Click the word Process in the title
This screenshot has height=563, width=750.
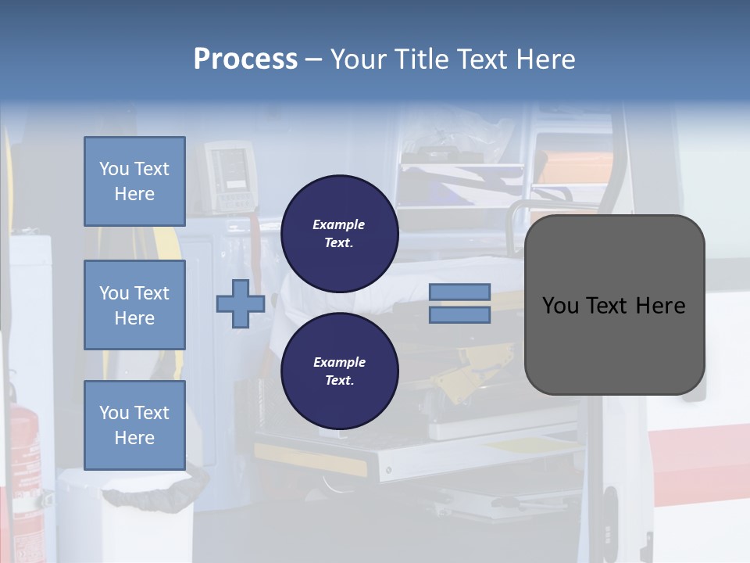coord(245,59)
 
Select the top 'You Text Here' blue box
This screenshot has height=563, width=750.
coord(134,181)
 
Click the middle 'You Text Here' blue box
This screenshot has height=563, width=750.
coord(134,305)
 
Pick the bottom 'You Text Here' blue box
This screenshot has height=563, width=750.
coord(134,425)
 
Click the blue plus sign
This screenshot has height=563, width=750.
coord(241,304)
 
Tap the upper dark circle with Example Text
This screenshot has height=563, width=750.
coord(340,234)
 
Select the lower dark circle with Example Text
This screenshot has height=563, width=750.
coord(340,371)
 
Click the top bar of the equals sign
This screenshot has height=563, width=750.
coord(460,292)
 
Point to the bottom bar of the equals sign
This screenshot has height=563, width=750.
coord(460,315)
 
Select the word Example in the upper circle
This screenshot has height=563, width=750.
coord(339,224)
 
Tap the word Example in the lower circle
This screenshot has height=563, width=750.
coord(339,362)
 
